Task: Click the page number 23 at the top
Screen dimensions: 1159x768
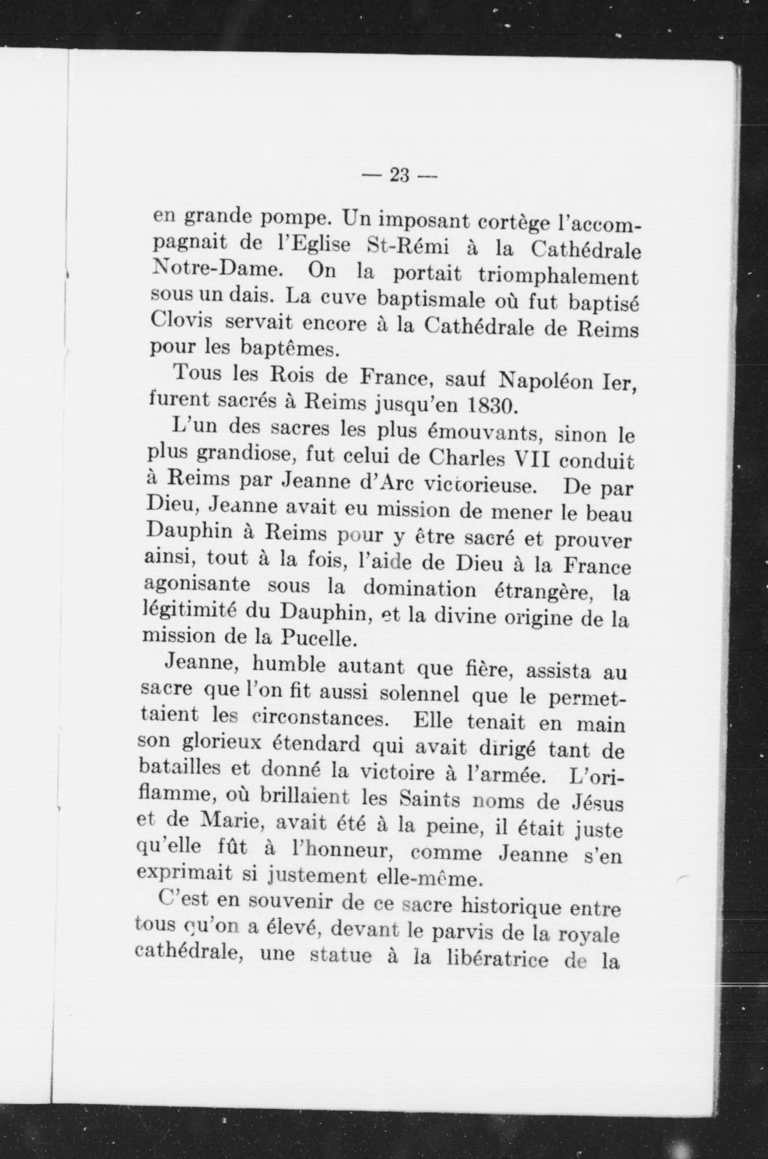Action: (399, 175)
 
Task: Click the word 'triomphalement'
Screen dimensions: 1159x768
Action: (558, 277)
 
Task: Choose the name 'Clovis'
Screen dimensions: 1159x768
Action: (181, 320)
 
